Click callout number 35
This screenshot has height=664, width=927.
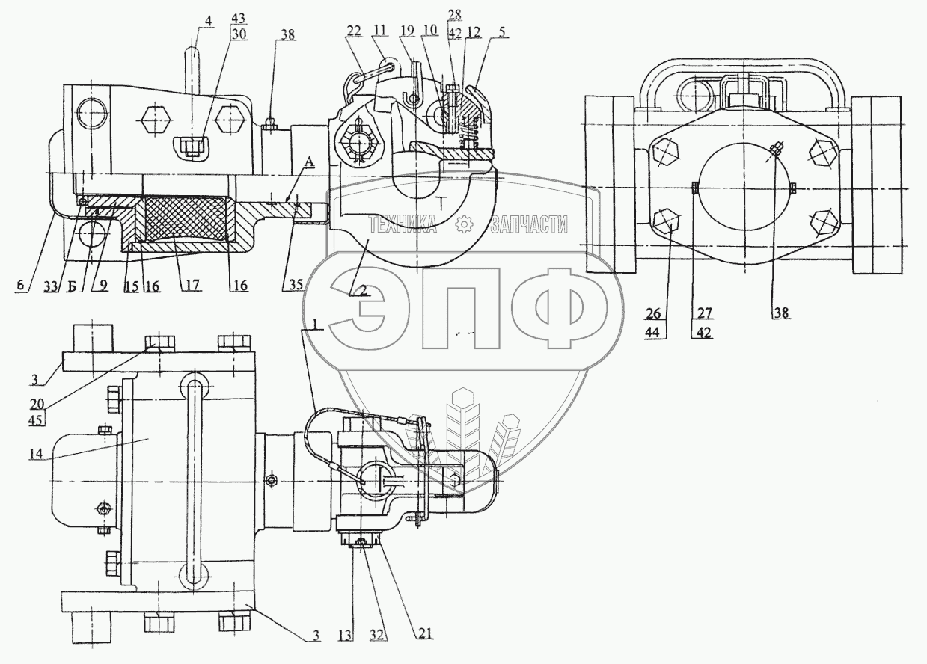click(x=294, y=286)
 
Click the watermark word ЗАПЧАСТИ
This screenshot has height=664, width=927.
click(x=528, y=224)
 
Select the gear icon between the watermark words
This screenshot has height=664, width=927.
click(x=465, y=224)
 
